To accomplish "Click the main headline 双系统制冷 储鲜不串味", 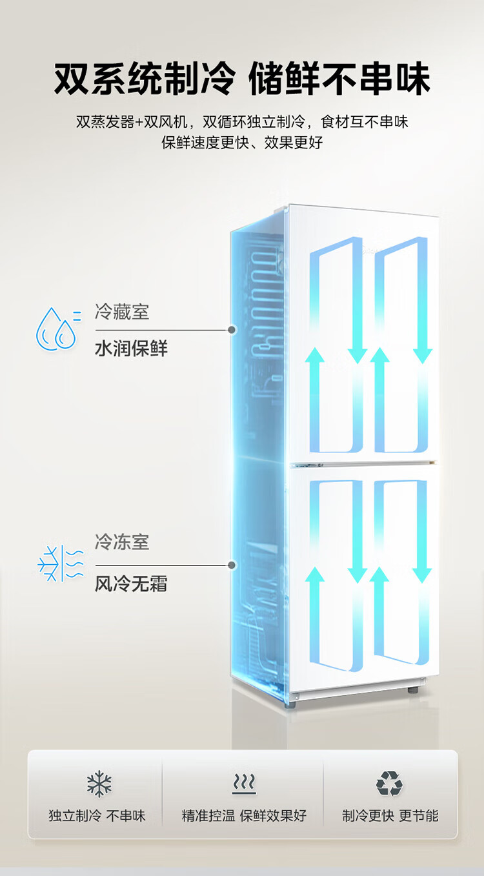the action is [x=242, y=79].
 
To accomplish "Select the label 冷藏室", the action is [x=122, y=312].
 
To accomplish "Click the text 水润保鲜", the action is [x=131, y=348].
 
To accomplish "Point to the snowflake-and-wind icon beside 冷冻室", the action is [x=61, y=564].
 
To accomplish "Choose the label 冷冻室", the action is [x=122, y=542].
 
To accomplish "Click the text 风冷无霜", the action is [x=131, y=584].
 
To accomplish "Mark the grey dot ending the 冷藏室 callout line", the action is [x=232, y=330].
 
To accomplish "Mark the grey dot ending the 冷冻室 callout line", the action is [x=232, y=565].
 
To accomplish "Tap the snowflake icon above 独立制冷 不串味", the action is [x=99, y=784].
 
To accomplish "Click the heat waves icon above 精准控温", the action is [x=244, y=784].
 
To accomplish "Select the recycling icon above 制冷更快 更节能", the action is [x=389, y=783].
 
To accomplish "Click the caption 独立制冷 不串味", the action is [x=97, y=816].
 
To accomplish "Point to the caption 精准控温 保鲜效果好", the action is [x=244, y=816].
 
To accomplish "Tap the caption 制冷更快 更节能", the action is [x=390, y=816].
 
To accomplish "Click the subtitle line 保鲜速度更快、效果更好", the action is [x=242, y=143].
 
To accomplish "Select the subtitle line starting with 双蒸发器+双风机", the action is [x=242, y=121].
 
